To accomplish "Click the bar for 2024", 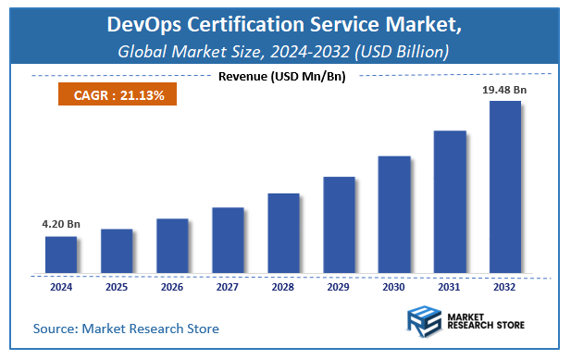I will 61,255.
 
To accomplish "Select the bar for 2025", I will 117,251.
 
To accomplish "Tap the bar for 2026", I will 172,246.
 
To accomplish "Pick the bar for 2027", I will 228,241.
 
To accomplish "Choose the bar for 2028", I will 283,233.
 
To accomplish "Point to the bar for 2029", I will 339,225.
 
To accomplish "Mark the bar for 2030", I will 394,215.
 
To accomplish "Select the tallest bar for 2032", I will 505,188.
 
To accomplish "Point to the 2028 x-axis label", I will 283,288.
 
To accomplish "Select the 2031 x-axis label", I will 450,288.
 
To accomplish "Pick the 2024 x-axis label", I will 61,288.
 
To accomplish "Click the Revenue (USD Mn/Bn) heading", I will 281,76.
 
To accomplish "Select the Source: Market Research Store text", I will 127,329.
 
